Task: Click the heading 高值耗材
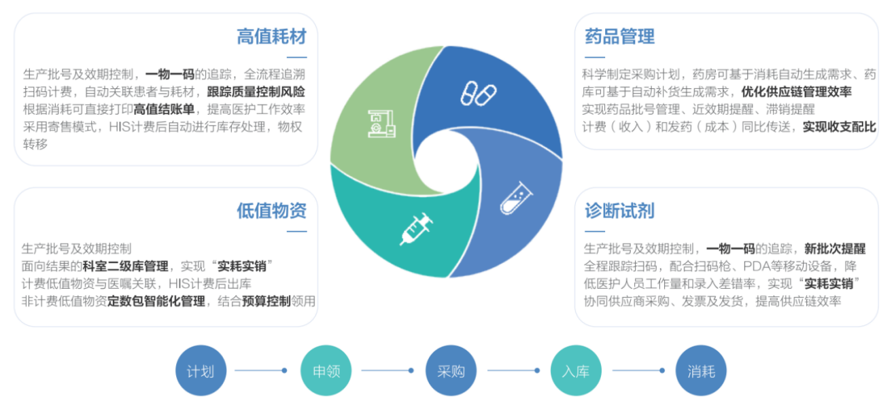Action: pos(272,36)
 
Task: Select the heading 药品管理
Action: pos(620,36)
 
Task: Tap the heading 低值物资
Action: pos(272,211)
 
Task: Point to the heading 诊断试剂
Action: pos(620,211)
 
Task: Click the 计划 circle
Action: pos(201,370)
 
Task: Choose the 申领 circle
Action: pos(326,370)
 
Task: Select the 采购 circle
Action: pos(451,370)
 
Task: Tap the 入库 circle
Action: pos(576,370)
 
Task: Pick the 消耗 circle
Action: pos(701,370)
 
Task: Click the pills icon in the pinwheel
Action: pos(479,94)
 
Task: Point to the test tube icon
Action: pos(517,198)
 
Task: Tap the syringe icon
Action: pos(417,228)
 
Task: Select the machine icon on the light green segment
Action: pos(381,124)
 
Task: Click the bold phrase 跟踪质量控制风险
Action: pos(256,92)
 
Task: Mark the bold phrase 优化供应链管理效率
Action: pos(797,92)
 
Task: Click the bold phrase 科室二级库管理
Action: pos(125,266)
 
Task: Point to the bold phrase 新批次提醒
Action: pos(835,249)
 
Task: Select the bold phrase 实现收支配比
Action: pos(840,127)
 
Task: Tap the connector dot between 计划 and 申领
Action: pos(284,370)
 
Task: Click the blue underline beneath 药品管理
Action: pos(595,58)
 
